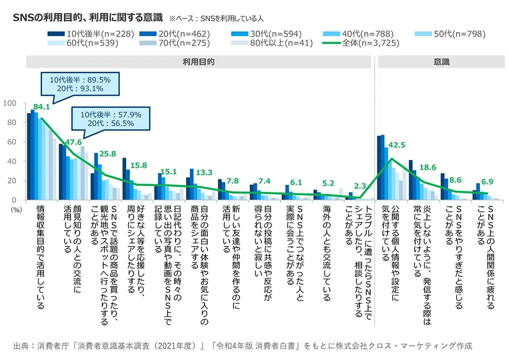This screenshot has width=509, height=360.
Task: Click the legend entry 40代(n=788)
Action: point(362,34)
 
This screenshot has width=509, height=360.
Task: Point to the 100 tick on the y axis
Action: point(16,103)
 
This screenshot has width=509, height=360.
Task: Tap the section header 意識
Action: point(441,62)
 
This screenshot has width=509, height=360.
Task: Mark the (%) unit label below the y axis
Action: point(16,210)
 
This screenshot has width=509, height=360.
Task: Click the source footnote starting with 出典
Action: point(242,346)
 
